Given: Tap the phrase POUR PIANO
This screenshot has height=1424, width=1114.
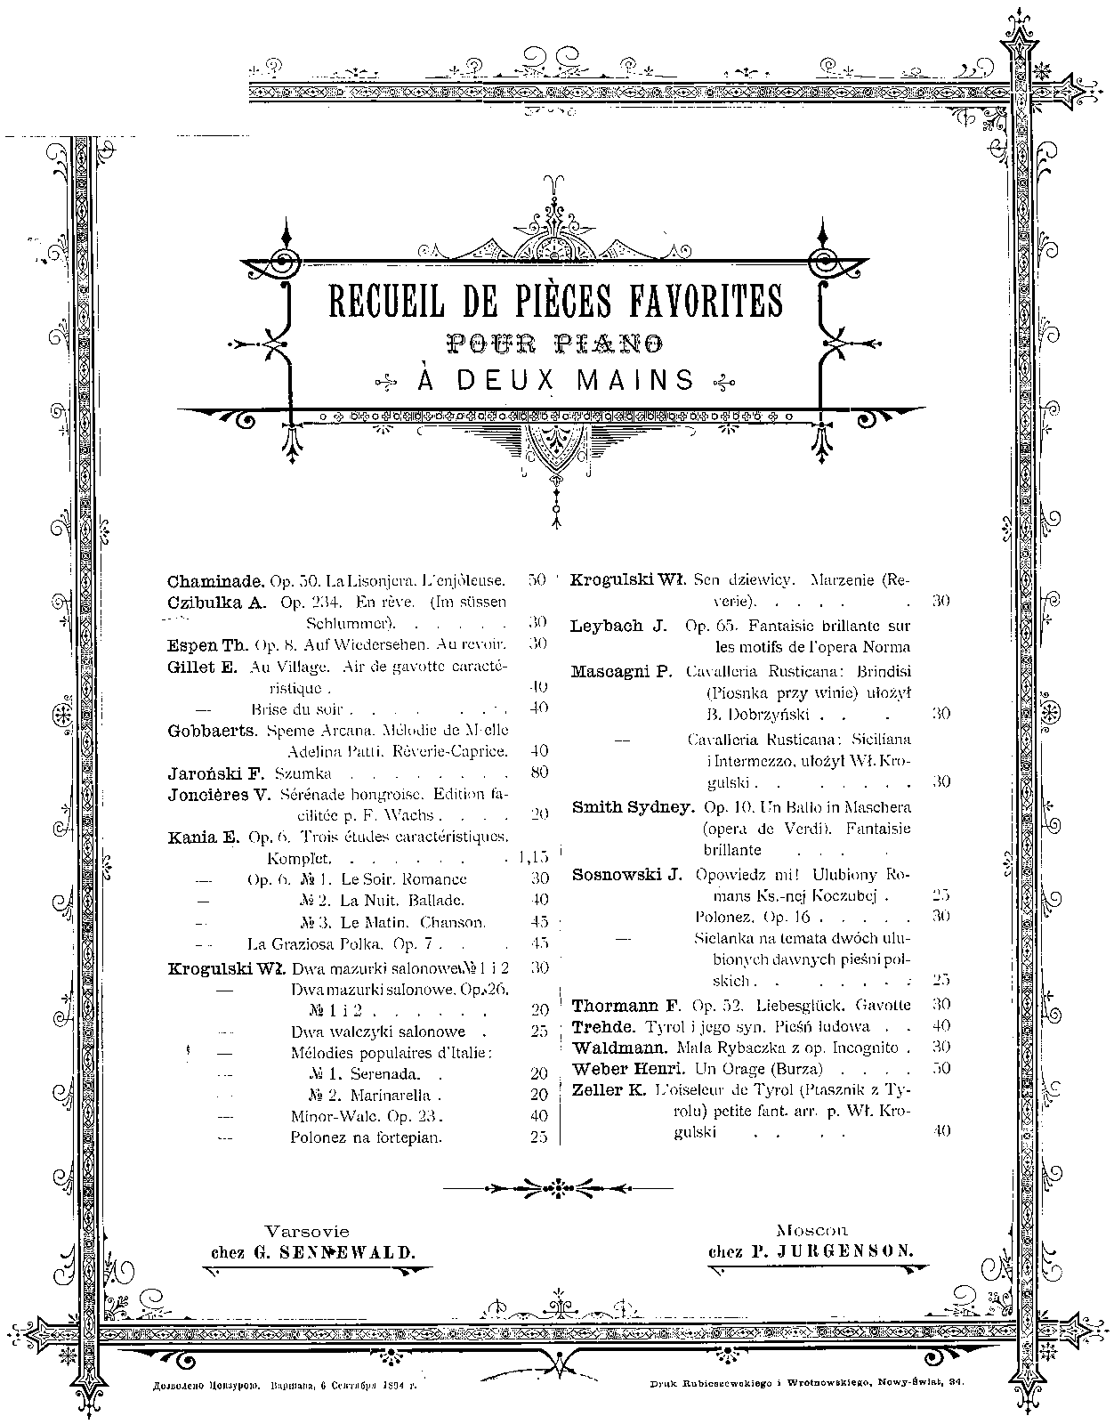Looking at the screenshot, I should (x=556, y=342).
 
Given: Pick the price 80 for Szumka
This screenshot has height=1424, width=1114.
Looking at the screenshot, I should (x=538, y=773).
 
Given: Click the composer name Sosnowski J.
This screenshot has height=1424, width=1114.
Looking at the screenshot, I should (x=626, y=874).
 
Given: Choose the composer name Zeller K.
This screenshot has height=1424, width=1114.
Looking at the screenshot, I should (x=609, y=1089).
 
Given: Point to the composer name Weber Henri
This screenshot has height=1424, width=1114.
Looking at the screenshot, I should (x=626, y=1068).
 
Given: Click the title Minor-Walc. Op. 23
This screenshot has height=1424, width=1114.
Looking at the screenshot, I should (x=367, y=1115).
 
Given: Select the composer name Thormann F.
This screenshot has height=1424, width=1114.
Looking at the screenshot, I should (x=626, y=1006).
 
